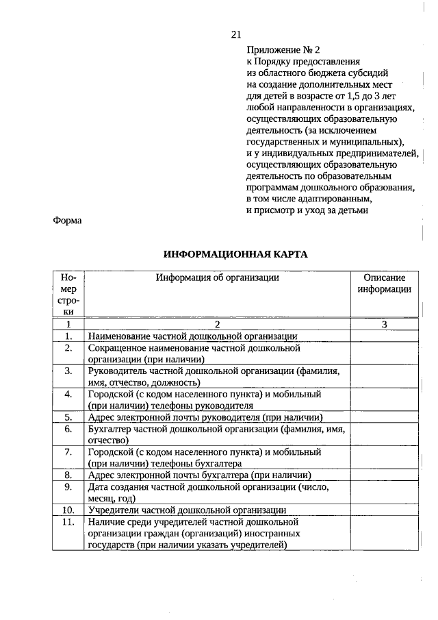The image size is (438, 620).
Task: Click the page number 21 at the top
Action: (237, 34)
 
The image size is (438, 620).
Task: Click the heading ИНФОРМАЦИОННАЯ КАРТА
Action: (235, 254)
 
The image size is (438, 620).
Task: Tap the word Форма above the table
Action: (66, 221)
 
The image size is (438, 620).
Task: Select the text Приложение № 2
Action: (283, 50)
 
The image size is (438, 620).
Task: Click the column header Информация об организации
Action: (217, 277)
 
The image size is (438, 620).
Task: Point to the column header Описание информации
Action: (383, 284)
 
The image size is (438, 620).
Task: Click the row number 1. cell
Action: (68, 336)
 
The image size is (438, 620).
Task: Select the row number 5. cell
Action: (68, 417)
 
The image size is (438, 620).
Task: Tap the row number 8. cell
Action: (68, 475)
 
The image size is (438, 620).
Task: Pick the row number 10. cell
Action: (68, 510)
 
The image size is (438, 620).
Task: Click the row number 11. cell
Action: (68, 522)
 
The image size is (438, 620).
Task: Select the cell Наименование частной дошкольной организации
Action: (192, 336)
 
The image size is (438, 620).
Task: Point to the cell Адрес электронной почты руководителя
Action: (205, 417)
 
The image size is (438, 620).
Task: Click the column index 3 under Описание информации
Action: (384, 324)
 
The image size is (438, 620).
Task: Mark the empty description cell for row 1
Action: (384, 336)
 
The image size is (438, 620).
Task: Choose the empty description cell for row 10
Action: (384, 510)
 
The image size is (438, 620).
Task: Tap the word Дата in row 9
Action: (98, 487)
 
